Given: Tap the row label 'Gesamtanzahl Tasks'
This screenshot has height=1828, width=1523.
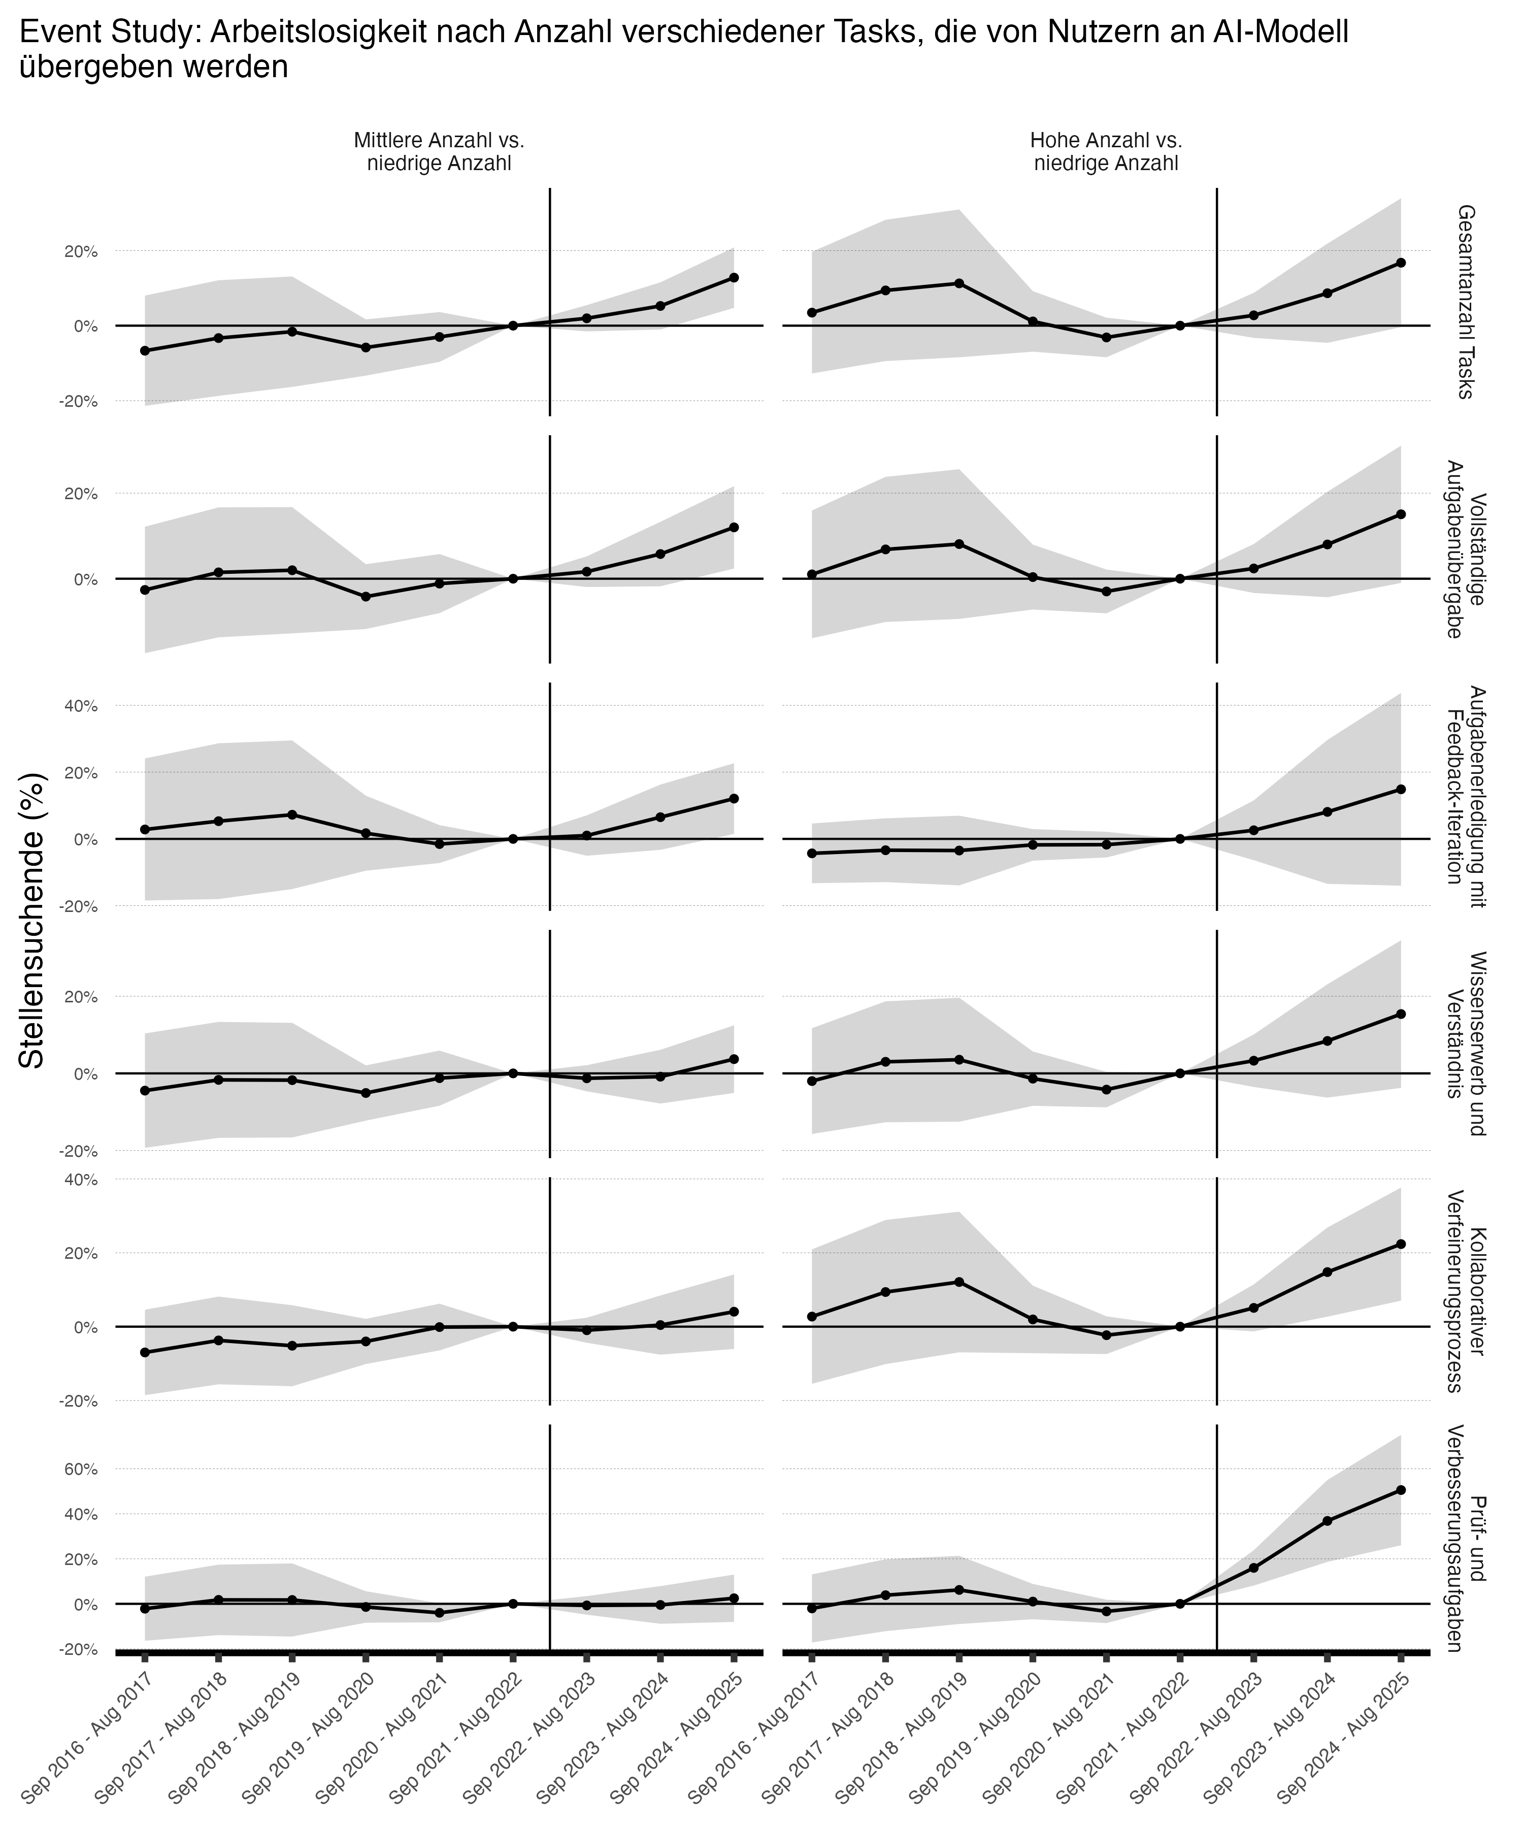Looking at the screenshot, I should [x=1465, y=301].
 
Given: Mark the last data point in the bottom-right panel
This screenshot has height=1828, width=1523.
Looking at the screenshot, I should [x=1400, y=1489].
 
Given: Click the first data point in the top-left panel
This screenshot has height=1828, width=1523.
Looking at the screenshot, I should [x=145, y=351].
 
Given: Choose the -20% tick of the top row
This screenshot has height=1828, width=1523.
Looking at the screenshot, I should [x=78, y=401].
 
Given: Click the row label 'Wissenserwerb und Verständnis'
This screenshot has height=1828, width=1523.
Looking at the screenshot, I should [x=1465, y=1043].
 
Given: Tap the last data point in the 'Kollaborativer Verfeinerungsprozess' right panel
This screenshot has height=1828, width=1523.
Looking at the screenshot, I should [x=1400, y=1244].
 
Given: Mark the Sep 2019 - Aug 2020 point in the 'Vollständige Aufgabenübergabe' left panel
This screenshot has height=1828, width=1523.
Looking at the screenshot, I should [x=366, y=596].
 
